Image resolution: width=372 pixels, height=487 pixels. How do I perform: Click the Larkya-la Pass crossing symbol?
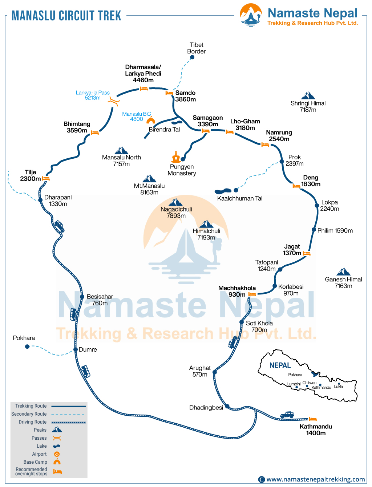tap(114, 102)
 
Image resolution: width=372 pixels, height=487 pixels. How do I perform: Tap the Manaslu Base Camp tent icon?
tap(150, 120)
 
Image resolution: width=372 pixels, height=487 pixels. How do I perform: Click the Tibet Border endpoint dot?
tap(192, 57)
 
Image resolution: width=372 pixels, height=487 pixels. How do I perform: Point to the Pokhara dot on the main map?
tap(27, 347)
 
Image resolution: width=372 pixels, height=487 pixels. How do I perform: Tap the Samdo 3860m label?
tap(185, 96)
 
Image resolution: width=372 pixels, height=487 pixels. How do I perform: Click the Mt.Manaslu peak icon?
tap(149, 178)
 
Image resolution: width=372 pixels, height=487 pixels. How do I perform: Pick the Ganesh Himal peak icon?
tap(343, 272)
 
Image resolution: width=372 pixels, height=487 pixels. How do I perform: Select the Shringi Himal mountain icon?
tap(308, 96)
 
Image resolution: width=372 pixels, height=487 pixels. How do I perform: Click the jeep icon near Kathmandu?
tap(287, 415)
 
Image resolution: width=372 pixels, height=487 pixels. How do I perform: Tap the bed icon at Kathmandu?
tap(313, 419)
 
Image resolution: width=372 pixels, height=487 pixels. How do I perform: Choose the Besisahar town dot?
tap(82, 297)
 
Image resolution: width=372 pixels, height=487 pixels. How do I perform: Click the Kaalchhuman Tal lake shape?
tap(223, 191)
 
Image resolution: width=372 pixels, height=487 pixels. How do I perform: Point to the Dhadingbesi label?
tap(206, 408)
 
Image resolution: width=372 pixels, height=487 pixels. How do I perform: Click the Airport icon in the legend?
tap(57, 454)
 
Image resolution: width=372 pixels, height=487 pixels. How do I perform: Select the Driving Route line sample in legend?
tap(69, 422)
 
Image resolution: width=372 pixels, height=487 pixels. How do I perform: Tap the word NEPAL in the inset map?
tap(280, 365)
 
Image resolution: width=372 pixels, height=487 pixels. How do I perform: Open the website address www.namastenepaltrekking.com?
tap(315, 479)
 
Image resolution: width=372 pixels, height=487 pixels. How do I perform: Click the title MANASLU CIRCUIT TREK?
tap(66, 16)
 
